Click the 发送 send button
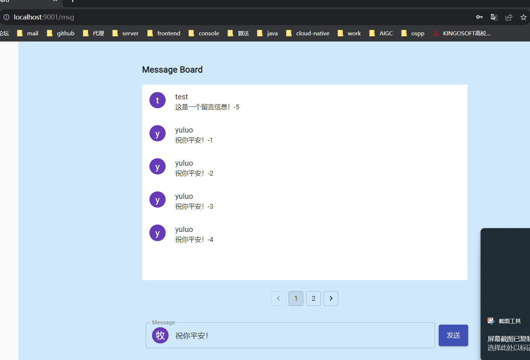coord(453,335)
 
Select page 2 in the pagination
coord(313,299)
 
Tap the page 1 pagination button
coord(296,299)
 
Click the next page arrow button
coord(331,299)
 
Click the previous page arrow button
coord(279,299)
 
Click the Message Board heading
coord(172,70)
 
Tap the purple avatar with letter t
coord(158,100)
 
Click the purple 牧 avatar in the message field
coord(160,335)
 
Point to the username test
coord(181,97)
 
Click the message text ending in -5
coord(207,107)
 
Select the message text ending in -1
coord(194,140)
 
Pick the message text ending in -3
coord(194,207)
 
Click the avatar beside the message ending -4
coord(158,233)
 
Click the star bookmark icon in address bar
coord(523,17)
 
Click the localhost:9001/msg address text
coord(44,17)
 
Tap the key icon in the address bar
coord(479,17)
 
